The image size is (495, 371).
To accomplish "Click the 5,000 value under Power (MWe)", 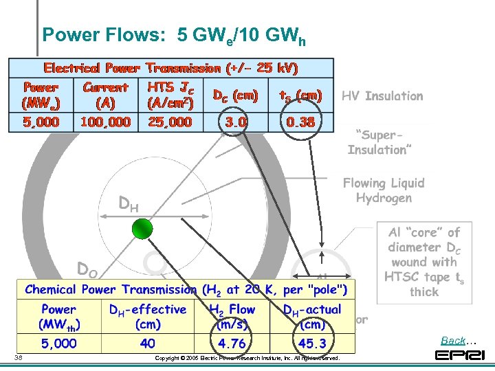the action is pos(41,122).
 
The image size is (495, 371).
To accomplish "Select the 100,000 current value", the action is pos(105,122).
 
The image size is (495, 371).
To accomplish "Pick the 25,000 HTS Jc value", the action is pos(170,122).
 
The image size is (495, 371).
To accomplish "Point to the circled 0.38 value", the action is pos(301,122).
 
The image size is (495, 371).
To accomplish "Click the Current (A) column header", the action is pos(105,95).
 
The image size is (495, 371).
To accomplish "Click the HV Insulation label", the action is pos(382,96).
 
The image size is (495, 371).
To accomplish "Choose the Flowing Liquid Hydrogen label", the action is pos(384,190).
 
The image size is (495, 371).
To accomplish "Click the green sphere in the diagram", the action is pos(143,229).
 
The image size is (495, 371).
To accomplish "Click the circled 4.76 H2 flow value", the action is pos(232,342).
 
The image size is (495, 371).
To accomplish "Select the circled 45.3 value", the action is pos(313,342).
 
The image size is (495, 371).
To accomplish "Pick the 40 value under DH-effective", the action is pos(148,342).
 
